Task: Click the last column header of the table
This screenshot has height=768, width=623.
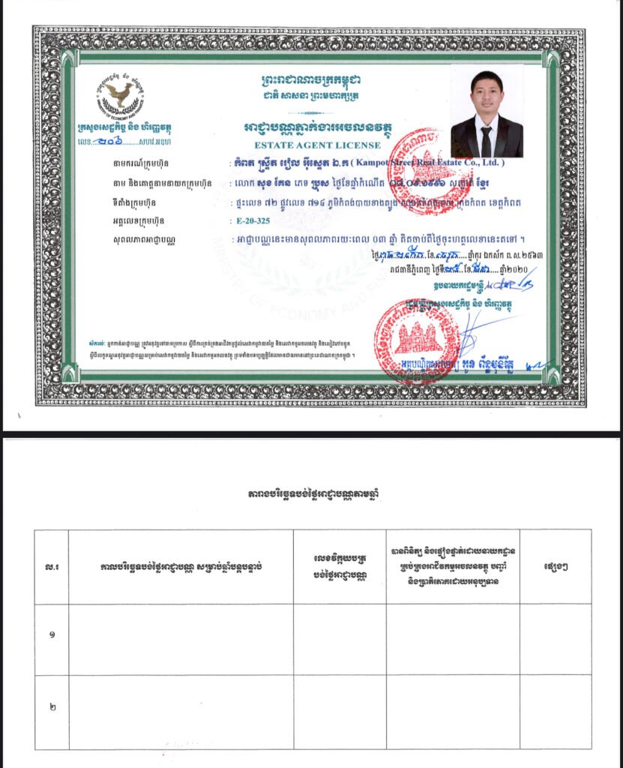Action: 555,566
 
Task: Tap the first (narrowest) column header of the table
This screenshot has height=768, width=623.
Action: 51,566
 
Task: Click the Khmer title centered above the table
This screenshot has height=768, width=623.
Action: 310,495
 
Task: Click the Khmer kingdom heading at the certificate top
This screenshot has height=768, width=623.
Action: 310,79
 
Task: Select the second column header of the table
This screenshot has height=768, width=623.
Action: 181,566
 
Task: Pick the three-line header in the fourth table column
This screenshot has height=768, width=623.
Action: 453,566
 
